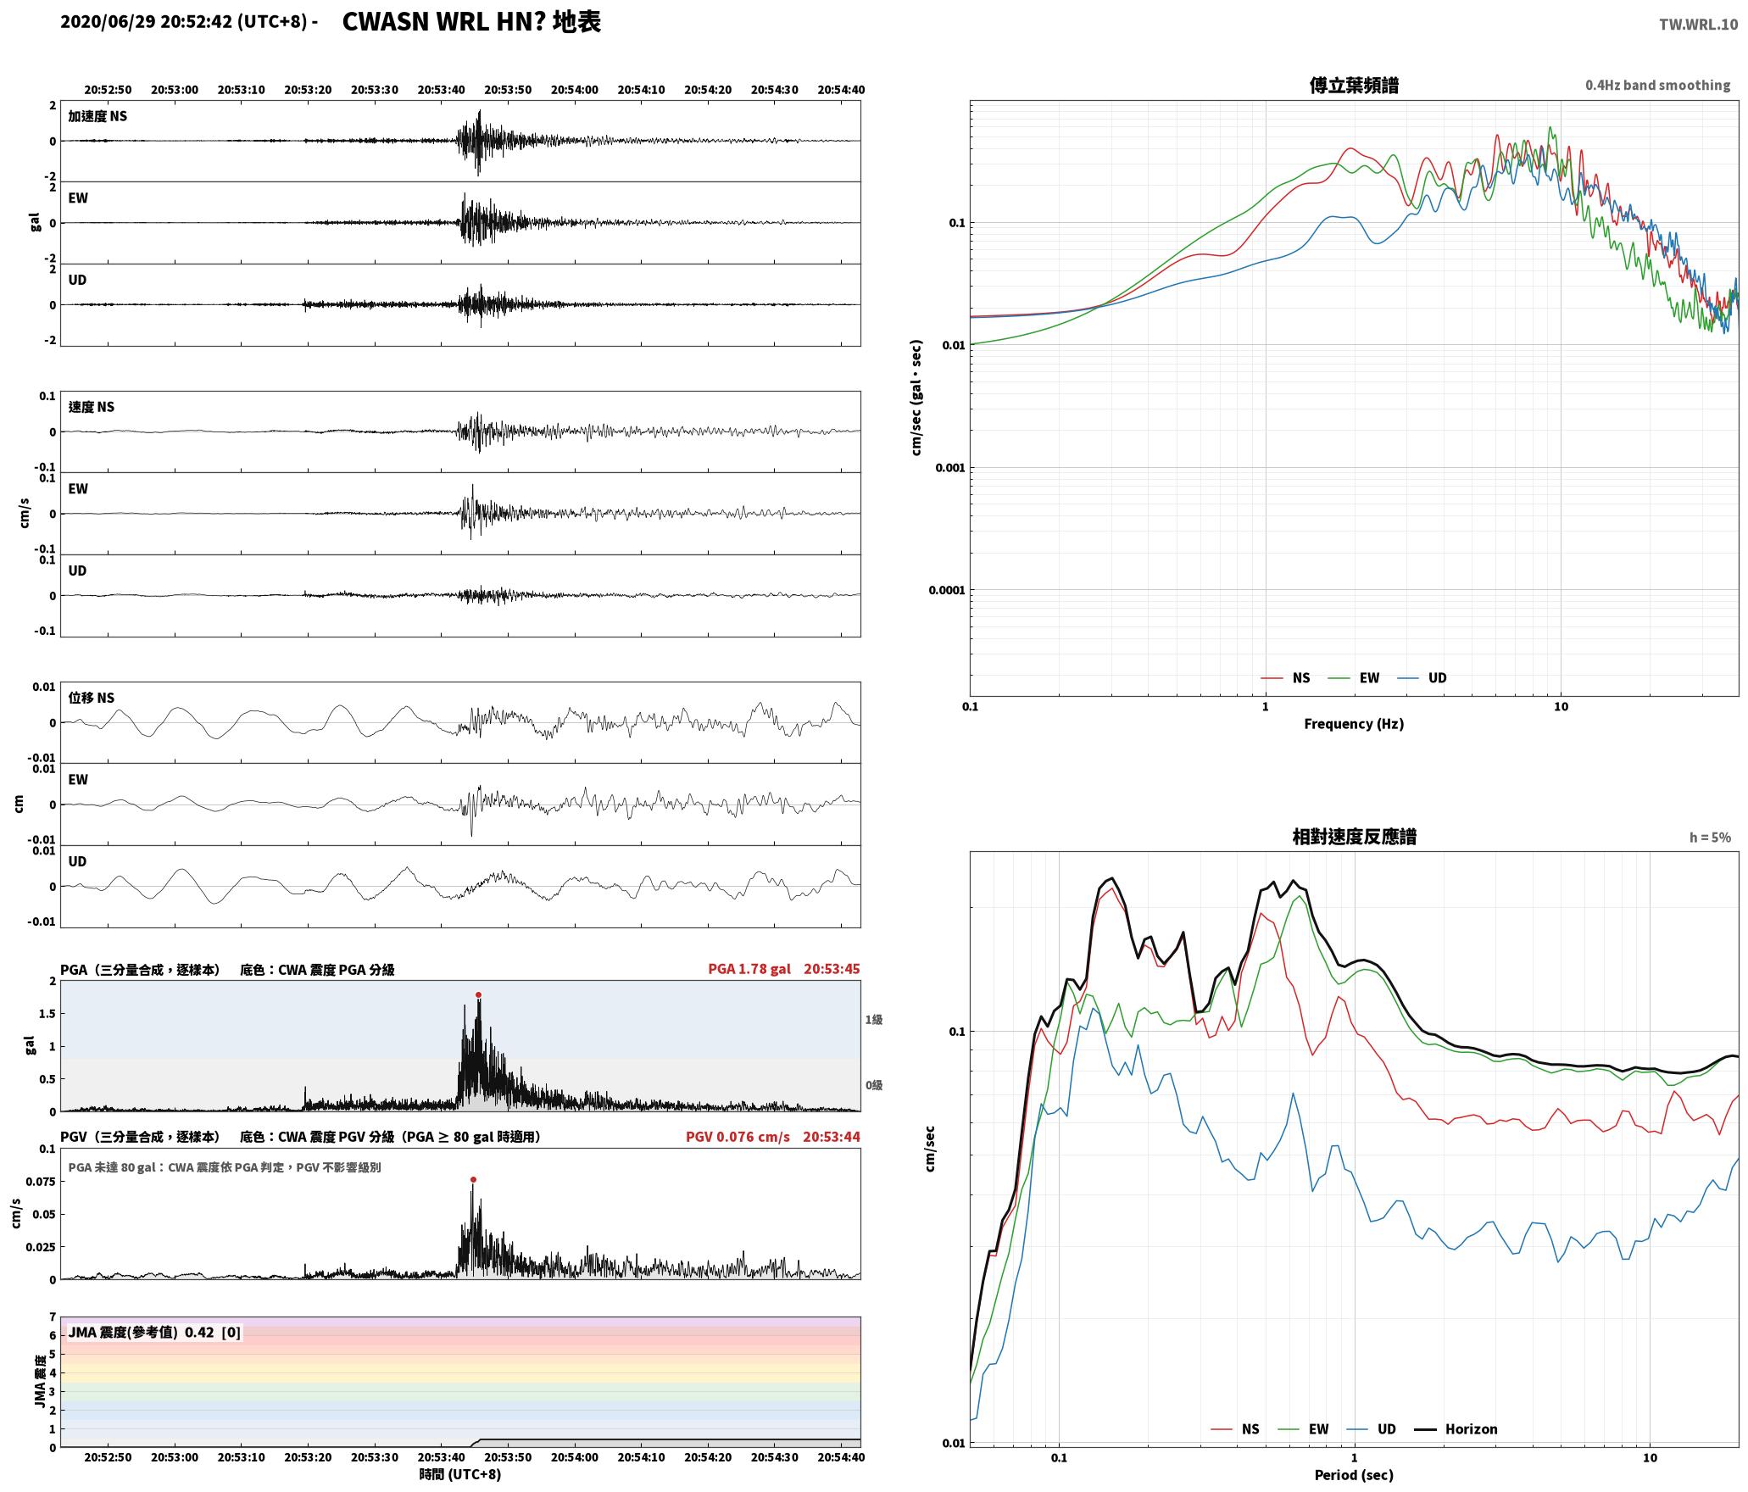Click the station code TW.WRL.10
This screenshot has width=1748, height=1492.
click(x=1698, y=25)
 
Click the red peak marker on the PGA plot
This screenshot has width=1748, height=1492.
click(x=478, y=994)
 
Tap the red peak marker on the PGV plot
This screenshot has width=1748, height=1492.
click(x=473, y=1179)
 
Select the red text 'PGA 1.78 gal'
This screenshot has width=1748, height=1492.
click(x=749, y=969)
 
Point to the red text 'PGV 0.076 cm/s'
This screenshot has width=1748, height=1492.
click(x=738, y=1137)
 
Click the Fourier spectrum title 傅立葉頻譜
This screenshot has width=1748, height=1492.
click(x=1354, y=85)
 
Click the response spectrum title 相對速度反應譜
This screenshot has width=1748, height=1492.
click(x=1354, y=837)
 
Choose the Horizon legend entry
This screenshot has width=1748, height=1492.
click(x=1456, y=1428)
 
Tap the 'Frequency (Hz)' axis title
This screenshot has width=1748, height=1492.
click(x=1354, y=723)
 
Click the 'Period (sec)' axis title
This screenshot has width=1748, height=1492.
click(x=1354, y=1474)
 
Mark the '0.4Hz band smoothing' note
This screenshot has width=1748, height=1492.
click(x=1658, y=85)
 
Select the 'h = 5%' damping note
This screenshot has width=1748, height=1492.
click(x=1710, y=838)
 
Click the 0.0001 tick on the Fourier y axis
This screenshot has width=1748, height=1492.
click(x=947, y=590)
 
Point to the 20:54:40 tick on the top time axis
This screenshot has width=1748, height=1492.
click(x=841, y=90)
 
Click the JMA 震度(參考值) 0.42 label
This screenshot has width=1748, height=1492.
click(x=154, y=1333)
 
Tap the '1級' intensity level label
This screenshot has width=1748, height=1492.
click(x=874, y=1020)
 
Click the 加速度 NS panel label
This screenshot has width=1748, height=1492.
click(x=97, y=116)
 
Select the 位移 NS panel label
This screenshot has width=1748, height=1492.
click(x=92, y=698)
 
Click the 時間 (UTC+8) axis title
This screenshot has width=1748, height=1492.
click(x=460, y=1474)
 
